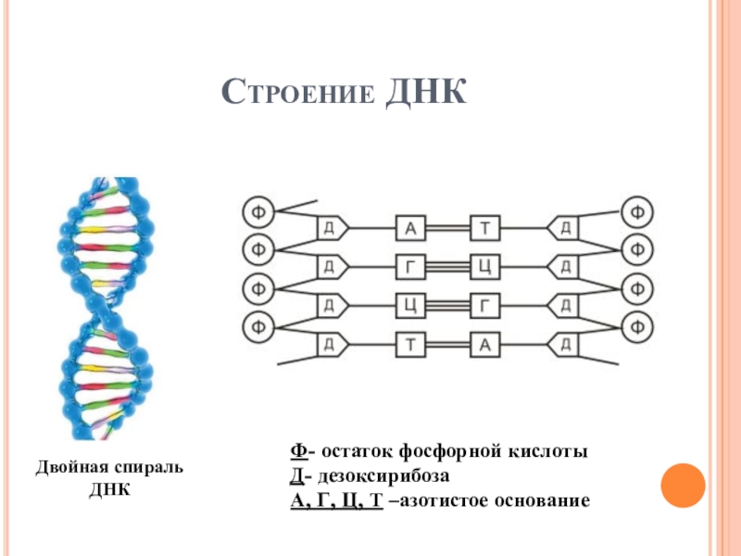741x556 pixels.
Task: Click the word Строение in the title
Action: [x=298, y=95]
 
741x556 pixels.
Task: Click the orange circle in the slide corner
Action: [x=684, y=483]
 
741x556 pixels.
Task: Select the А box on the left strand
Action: [x=410, y=227]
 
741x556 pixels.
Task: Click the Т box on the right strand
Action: [x=484, y=227]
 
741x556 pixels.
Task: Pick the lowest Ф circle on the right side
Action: [x=636, y=326]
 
